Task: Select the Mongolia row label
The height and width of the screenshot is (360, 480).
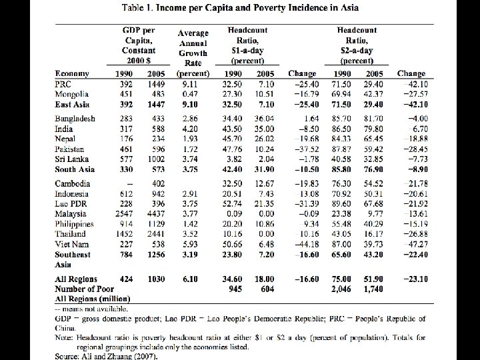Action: [x=72, y=94]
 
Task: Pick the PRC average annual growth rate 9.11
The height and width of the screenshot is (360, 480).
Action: [x=193, y=84]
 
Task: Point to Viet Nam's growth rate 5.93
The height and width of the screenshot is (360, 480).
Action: [x=193, y=244]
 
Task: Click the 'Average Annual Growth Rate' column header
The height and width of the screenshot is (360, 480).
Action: [x=193, y=52]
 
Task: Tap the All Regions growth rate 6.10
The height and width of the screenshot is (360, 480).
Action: [x=193, y=279]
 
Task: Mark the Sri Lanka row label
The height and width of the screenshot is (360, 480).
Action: [x=74, y=159]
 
